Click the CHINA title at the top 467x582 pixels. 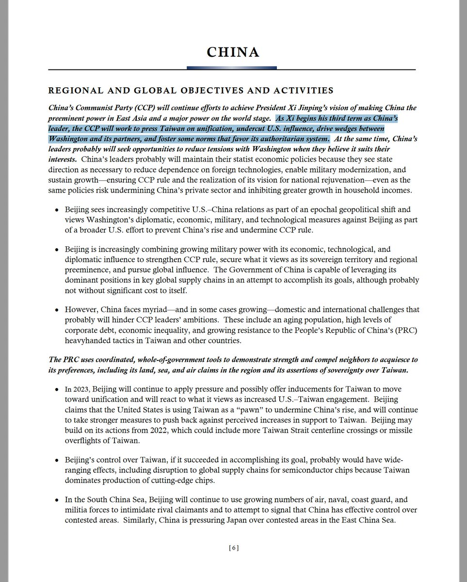pos(233,51)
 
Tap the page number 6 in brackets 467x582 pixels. pos(233,548)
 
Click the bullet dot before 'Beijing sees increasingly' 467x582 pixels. pos(57,210)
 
